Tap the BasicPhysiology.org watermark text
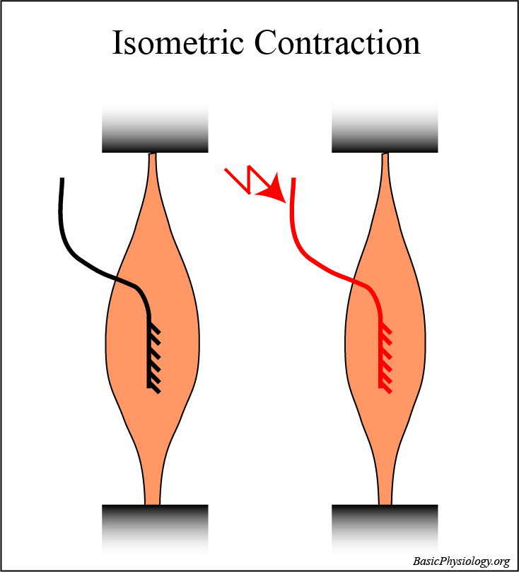461,561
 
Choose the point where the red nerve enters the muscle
351,281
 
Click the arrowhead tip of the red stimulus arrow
282,200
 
